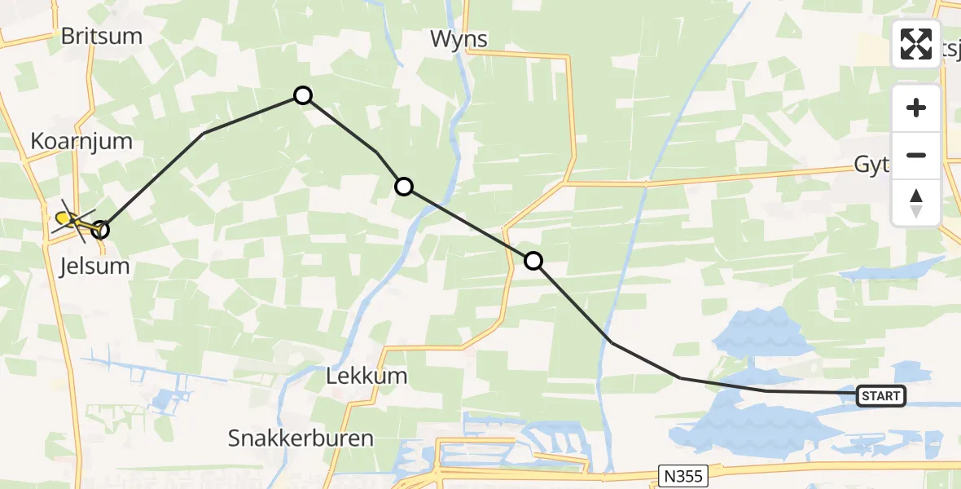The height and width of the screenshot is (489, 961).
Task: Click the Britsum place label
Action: [102, 37]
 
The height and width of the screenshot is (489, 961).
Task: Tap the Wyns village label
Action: [459, 39]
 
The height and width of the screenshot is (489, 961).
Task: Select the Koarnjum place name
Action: [81, 141]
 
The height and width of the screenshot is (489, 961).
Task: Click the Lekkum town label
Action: [366, 377]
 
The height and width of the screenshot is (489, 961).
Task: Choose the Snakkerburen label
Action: [301, 438]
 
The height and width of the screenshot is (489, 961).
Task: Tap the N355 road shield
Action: [682, 474]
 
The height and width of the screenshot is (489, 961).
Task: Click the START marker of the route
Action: [880, 396]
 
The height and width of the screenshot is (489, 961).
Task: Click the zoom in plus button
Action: [916, 108]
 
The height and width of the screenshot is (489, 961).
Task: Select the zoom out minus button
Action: [916, 155]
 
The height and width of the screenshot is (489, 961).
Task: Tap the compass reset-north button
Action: [916, 202]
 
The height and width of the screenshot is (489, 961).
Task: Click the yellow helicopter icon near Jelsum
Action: [70, 220]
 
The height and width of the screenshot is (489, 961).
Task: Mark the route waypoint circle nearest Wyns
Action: [303, 95]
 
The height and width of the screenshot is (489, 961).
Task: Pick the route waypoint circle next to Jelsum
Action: [100, 230]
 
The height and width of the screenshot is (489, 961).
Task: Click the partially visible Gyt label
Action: [871, 165]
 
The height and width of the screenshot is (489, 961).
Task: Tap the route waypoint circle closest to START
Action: [533, 261]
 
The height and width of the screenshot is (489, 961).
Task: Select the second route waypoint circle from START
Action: [404, 187]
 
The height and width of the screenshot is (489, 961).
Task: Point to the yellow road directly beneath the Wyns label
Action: [521, 55]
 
